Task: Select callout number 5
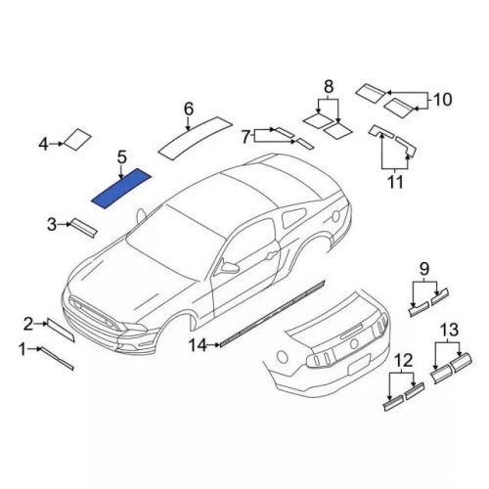(x=121, y=156)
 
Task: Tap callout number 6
(x=188, y=109)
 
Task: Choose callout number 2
(x=29, y=322)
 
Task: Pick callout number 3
(x=52, y=226)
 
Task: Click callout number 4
(x=44, y=145)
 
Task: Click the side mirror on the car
(x=230, y=265)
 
